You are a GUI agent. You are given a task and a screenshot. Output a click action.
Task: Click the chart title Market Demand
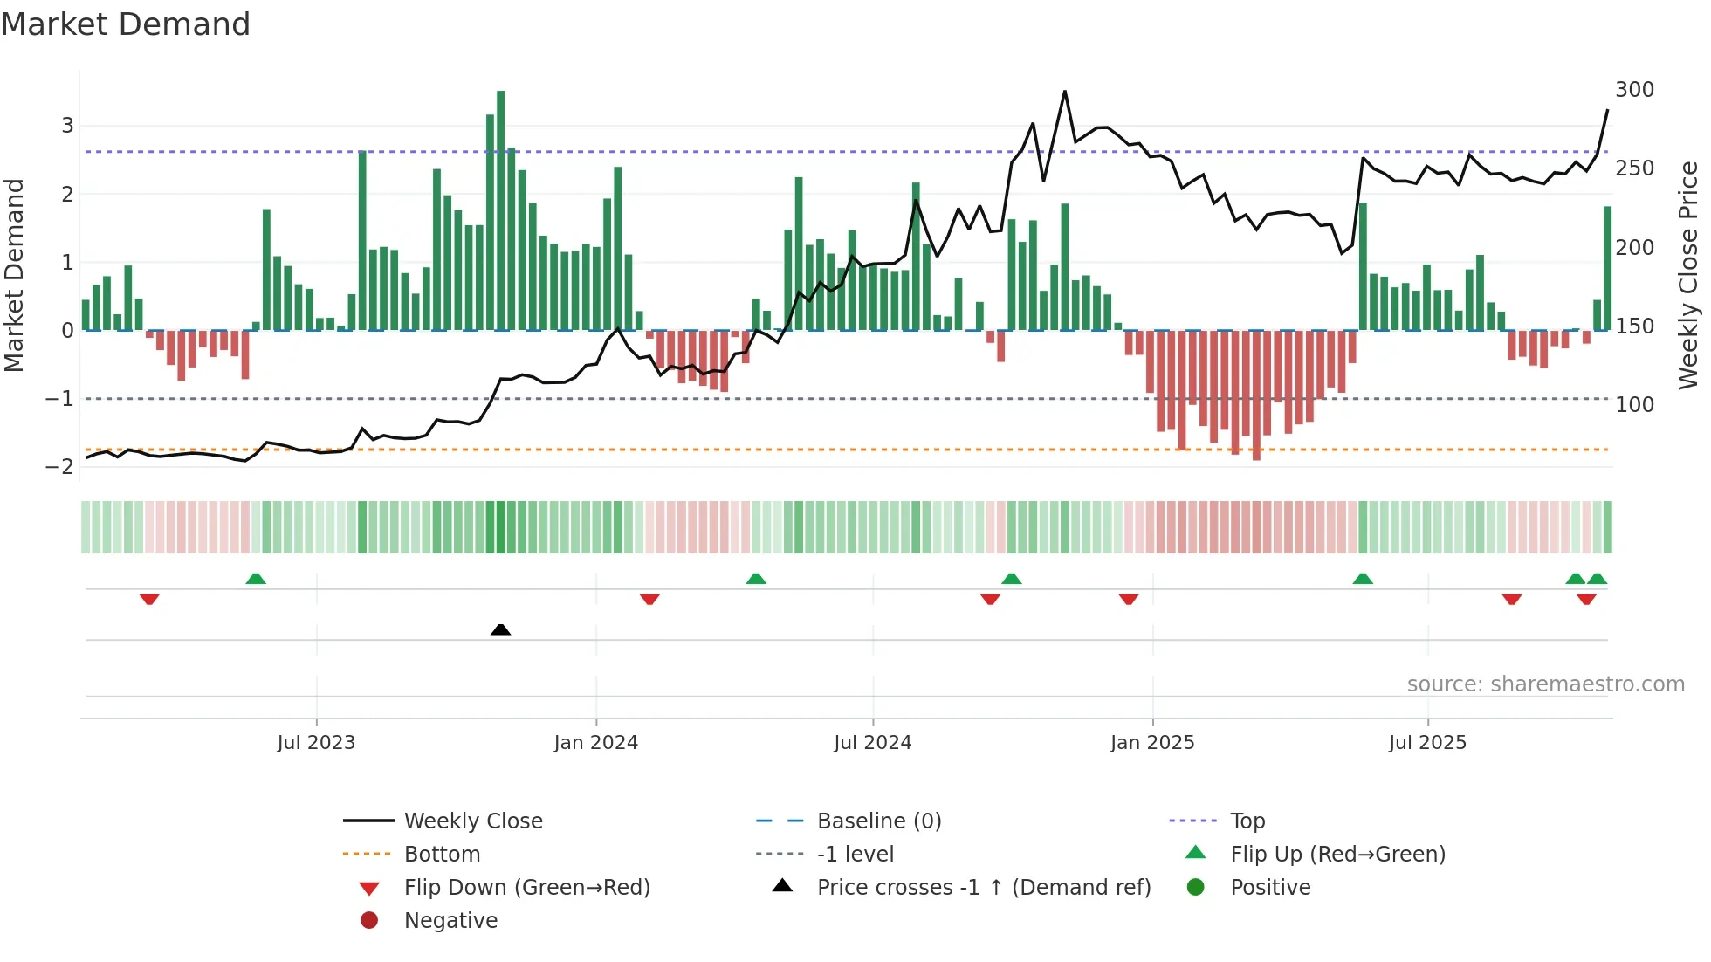click(126, 24)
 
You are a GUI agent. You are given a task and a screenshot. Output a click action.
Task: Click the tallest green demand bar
click(500, 210)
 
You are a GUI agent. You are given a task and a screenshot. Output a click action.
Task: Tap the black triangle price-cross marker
click(500, 629)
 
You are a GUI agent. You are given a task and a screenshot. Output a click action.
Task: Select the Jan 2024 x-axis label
click(595, 743)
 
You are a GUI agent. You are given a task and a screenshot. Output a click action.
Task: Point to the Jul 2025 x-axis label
click(1427, 743)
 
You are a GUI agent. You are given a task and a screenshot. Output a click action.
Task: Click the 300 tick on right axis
click(1634, 90)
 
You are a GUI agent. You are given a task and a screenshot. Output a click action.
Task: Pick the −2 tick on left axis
click(60, 466)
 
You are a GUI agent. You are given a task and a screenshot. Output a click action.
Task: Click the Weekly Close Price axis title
click(1688, 275)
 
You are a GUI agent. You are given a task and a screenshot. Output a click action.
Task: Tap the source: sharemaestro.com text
click(1545, 684)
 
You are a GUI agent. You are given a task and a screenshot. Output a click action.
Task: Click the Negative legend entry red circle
click(369, 921)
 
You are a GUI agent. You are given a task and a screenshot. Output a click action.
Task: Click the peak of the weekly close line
click(1064, 92)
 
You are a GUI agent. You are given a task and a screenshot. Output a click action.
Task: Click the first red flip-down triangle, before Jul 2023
click(149, 599)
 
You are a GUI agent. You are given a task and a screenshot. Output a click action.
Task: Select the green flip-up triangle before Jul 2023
click(256, 579)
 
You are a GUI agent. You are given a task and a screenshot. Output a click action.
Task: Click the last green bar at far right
click(1607, 268)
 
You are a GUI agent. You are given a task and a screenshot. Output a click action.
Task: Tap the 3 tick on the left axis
click(67, 125)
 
